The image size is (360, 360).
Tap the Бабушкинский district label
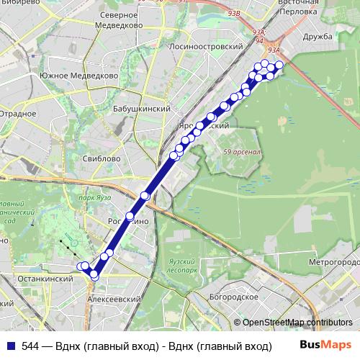coord(142,109)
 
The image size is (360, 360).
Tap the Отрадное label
coord(17,114)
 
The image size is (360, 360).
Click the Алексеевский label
coord(113,298)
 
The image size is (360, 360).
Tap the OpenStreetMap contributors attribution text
coord(297,323)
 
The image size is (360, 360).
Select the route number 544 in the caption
coord(30,346)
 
